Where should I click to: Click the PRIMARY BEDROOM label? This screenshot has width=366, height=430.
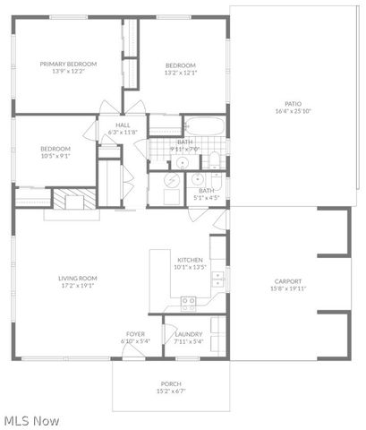coord(68,64)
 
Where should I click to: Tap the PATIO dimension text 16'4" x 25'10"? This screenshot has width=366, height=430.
coord(293,111)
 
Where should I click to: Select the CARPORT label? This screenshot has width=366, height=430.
coord(288,281)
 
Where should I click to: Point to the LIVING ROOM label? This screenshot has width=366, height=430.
coord(78,279)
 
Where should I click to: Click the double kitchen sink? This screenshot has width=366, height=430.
coord(217,285)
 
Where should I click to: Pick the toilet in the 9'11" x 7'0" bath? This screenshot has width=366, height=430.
coord(215,161)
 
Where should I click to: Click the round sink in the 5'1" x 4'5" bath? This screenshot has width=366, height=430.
coord(198,178)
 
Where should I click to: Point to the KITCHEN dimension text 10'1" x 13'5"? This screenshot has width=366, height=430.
coord(191,267)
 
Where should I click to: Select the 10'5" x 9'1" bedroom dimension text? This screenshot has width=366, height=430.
coord(55,155)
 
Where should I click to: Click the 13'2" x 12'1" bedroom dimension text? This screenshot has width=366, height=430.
coord(180,73)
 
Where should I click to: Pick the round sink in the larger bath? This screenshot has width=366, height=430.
coord(180,162)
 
